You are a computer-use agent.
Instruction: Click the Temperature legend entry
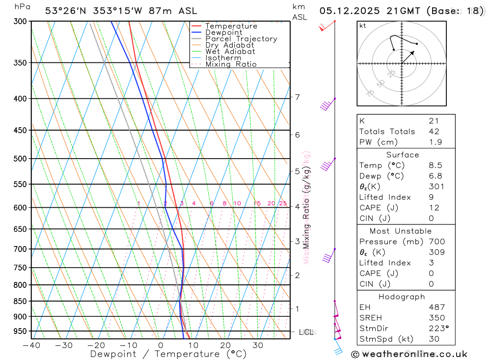[x=231, y=26]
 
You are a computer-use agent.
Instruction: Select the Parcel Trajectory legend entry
[x=241, y=39]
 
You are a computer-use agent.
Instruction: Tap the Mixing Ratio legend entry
[x=231, y=64]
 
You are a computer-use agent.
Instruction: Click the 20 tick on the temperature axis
[x=225, y=345]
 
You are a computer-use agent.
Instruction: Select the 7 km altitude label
[x=297, y=97]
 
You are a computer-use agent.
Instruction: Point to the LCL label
[x=306, y=332]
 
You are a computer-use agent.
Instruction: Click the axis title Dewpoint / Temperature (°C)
[x=168, y=354]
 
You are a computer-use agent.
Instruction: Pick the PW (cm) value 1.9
[x=436, y=142]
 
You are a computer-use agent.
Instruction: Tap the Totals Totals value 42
[x=434, y=132]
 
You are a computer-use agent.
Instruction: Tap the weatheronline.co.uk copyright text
[x=409, y=354]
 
